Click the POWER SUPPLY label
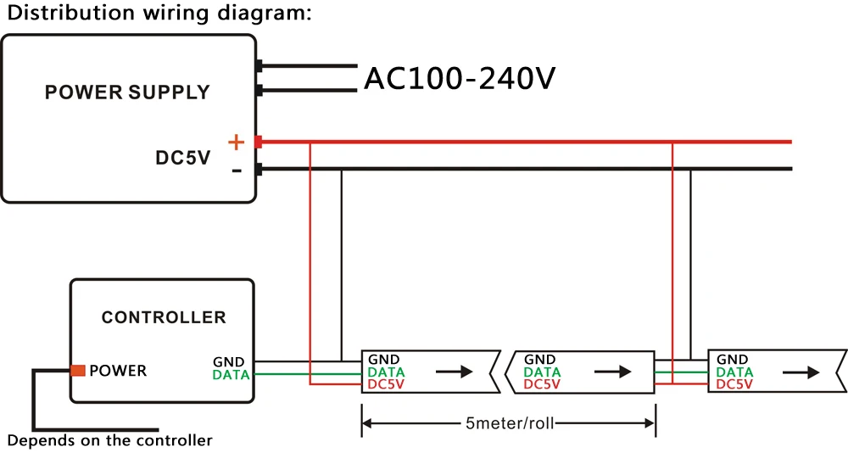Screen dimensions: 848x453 pyautogui.click(x=127, y=92)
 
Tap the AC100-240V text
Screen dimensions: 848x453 pyautogui.click(x=460, y=79)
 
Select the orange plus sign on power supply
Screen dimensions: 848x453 pyautogui.click(x=237, y=143)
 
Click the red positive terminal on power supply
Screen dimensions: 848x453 pyautogui.click(x=259, y=142)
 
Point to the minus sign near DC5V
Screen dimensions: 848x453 pyautogui.click(x=237, y=171)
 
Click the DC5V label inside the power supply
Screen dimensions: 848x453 pyautogui.click(x=183, y=158)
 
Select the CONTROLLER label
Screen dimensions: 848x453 pyautogui.click(x=164, y=317)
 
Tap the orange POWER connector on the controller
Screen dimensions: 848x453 pyautogui.click(x=78, y=370)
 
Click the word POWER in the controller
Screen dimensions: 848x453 pyautogui.click(x=118, y=371)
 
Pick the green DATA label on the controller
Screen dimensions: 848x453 pyautogui.click(x=231, y=375)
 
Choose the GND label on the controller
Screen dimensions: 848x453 pyautogui.click(x=229, y=361)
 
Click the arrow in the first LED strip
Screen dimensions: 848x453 pyautogui.click(x=455, y=372)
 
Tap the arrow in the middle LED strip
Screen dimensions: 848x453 pyautogui.click(x=613, y=372)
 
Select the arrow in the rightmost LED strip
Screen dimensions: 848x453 pyautogui.click(x=801, y=372)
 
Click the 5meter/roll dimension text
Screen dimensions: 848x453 pyautogui.click(x=510, y=422)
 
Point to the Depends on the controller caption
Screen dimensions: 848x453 pyautogui.click(x=109, y=440)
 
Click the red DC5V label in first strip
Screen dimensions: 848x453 pyautogui.click(x=386, y=384)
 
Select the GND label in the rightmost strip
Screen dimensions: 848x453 pyautogui.click(x=733, y=360)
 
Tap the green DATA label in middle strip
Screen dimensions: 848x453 pyautogui.click(x=542, y=372)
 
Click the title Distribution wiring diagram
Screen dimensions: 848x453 pyautogui.click(x=159, y=13)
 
